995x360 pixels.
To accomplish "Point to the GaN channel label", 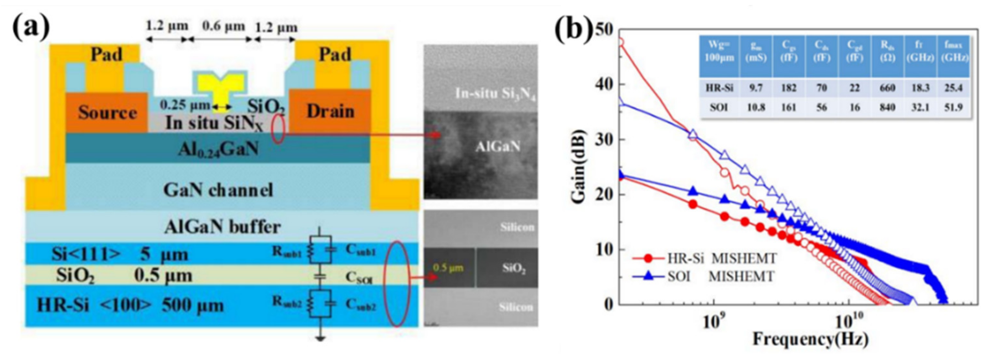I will coord(218,190).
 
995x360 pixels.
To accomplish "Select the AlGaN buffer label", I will coord(222,227).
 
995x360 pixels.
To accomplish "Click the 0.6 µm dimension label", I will coord(223,26).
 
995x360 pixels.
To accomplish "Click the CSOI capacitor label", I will coord(359,278).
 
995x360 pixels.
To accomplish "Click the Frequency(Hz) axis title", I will coord(810,340).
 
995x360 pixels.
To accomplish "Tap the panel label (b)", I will coord(573,29).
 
